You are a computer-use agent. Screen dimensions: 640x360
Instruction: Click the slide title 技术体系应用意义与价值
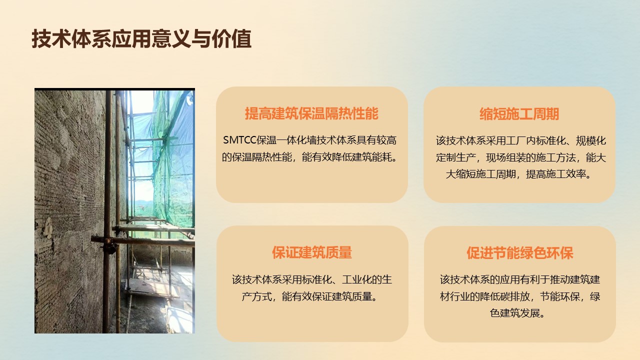coord(141,38)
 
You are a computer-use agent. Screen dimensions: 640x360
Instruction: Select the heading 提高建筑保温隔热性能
coord(311,113)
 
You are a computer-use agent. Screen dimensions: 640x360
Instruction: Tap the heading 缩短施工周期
coord(519,113)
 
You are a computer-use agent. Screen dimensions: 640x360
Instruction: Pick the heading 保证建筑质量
coord(311,252)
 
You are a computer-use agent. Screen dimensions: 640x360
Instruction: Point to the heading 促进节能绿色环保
coord(519,253)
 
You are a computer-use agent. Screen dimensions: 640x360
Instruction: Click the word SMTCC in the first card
coord(239,140)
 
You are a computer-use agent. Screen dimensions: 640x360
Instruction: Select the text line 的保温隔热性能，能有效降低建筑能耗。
coord(309,157)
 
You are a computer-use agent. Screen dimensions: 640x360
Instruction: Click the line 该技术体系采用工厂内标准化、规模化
coord(521,140)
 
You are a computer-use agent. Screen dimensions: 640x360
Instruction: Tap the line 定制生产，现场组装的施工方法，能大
coord(521,157)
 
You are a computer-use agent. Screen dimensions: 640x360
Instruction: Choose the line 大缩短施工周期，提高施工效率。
coord(519,174)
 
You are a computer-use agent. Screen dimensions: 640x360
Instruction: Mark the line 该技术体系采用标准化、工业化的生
coord(311,279)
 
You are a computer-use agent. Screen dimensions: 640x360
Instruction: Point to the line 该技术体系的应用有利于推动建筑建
coord(519,279)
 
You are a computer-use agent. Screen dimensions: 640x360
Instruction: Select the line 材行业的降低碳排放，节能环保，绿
coord(519,296)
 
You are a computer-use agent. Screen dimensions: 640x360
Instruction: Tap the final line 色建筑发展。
coord(517,313)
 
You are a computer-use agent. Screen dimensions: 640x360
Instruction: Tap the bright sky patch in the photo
coord(142,102)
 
